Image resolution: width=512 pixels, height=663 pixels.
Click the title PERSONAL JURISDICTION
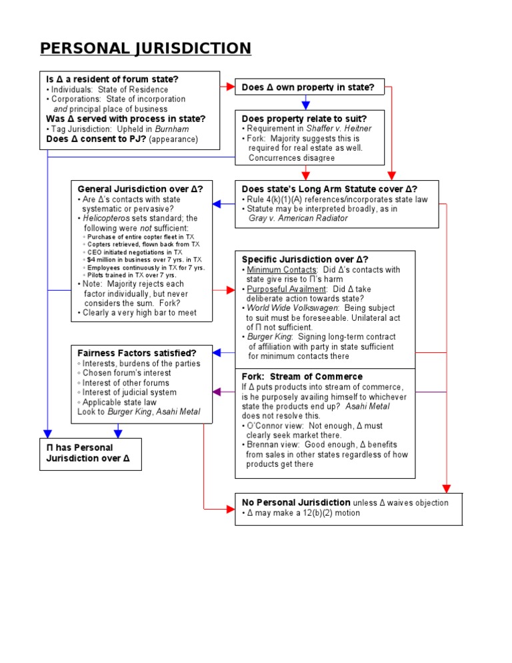click(x=145, y=49)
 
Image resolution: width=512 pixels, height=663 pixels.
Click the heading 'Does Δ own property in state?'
click(x=307, y=87)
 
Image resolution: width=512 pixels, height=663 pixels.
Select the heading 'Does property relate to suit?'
click(x=303, y=118)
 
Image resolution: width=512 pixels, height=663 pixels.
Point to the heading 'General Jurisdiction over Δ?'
click(x=140, y=189)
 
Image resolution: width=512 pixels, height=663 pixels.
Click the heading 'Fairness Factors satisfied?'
click(x=137, y=353)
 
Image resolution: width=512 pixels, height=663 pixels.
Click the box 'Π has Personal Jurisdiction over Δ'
click(x=89, y=453)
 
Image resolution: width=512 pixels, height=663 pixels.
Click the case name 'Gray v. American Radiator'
click(x=298, y=219)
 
